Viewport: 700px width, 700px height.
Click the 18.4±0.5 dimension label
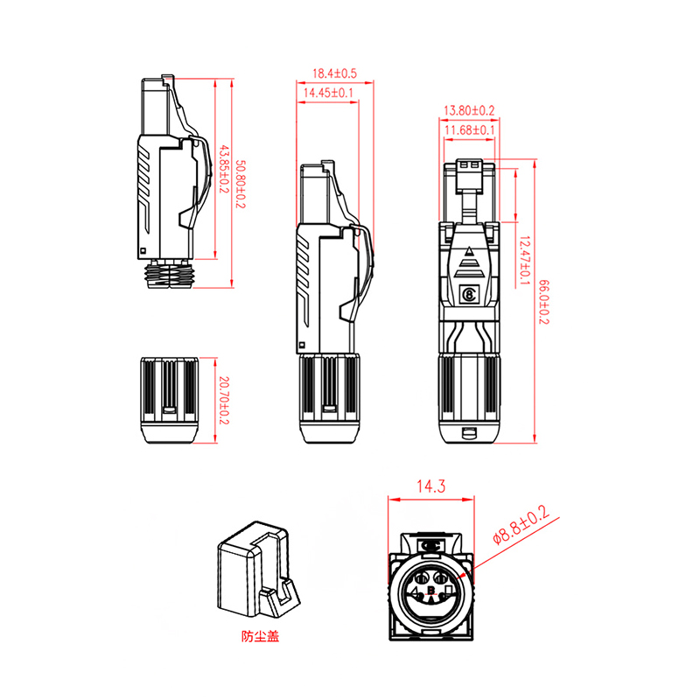(334, 73)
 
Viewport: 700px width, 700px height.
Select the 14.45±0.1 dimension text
(328, 93)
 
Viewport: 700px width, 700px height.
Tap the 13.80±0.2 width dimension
(469, 110)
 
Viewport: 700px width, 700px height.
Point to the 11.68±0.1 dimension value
(470, 129)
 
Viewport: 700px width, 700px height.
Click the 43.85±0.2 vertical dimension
(224, 169)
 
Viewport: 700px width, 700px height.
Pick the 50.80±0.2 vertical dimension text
(240, 184)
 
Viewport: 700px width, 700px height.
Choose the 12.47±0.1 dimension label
(524, 261)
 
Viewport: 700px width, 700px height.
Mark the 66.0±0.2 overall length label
(543, 302)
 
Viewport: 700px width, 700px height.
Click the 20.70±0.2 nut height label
(224, 401)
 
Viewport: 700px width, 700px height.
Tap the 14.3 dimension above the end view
(430, 486)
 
